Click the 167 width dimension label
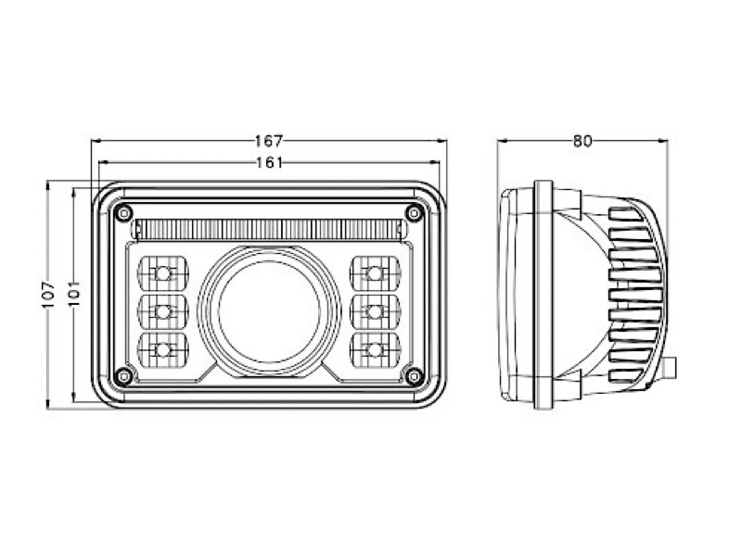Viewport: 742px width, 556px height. [x=268, y=141]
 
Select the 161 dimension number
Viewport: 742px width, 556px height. [x=268, y=162]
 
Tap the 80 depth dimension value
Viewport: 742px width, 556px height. [x=582, y=141]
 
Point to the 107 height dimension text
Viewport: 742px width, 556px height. [x=49, y=295]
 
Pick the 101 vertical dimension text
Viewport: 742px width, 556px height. [x=74, y=295]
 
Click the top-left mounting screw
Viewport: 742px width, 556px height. [x=124, y=213]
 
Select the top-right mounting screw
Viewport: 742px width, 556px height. [x=414, y=213]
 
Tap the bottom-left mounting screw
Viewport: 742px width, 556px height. [x=124, y=375]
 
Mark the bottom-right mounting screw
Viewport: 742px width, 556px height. [x=414, y=375]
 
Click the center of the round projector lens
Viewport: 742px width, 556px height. [x=269, y=311]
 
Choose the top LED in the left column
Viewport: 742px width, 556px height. [x=163, y=272]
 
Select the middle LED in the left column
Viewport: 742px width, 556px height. [x=163, y=311]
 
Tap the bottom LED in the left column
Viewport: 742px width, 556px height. [x=163, y=350]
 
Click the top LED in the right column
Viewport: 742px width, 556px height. [x=374, y=272]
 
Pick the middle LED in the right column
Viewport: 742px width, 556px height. [x=374, y=311]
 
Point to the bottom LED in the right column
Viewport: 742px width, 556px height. [x=374, y=350]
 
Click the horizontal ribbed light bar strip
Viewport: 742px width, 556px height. [x=269, y=229]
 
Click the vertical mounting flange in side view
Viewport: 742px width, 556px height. [x=543, y=295]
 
